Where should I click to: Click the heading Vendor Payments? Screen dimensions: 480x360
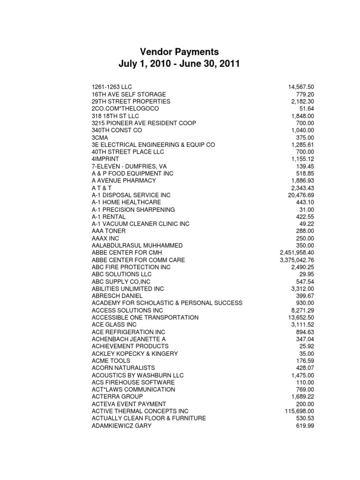[x=180, y=51]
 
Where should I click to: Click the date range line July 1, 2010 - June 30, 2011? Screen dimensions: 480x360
[x=180, y=64]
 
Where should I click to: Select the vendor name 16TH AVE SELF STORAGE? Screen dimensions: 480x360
[x=122, y=94]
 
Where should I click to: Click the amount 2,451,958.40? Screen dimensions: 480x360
[x=297, y=253]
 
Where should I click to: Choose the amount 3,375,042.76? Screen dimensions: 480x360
[x=297, y=260]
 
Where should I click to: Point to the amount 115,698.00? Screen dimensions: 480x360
[x=299, y=411]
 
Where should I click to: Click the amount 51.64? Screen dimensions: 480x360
[x=307, y=109]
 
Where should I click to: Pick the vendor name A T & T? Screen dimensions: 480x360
[x=103, y=188]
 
